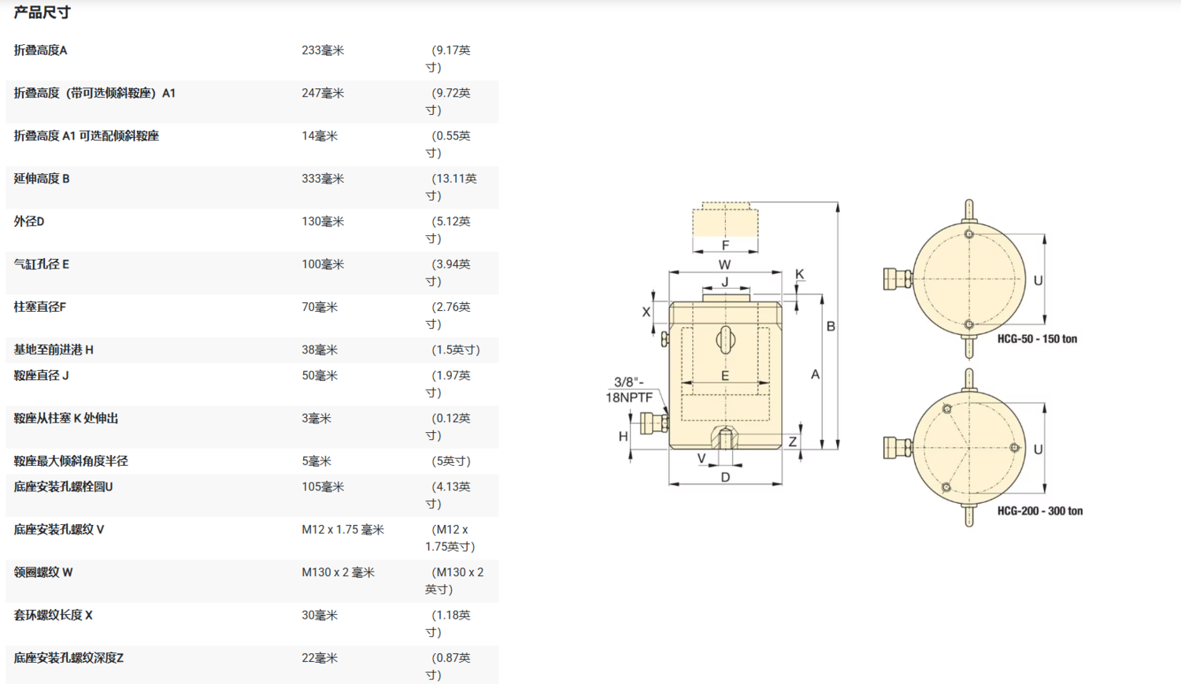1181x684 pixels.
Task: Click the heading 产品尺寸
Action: point(42,13)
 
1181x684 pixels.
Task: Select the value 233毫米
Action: point(323,50)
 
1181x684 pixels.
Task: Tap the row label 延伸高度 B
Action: point(42,179)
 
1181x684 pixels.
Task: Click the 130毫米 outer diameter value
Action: point(323,221)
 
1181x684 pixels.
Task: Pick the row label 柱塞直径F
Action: point(40,307)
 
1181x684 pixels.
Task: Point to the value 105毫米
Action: point(323,486)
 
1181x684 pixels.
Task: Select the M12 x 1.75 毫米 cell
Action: point(342,530)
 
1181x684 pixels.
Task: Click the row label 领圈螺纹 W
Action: point(43,572)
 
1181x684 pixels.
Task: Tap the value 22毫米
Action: point(320,658)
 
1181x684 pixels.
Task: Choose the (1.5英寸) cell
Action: point(455,349)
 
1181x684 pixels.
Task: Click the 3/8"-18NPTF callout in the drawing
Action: point(629,390)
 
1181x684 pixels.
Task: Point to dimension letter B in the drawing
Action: point(830,326)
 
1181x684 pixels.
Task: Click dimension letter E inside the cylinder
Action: point(725,375)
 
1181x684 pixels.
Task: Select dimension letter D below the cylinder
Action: point(725,477)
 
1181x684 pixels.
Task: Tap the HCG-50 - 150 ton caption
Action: point(1037,339)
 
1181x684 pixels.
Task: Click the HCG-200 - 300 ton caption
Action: point(1039,511)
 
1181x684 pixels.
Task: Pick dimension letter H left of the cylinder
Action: point(623,436)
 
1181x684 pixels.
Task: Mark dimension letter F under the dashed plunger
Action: point(725,245)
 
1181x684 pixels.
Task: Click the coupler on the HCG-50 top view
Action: point(897,279)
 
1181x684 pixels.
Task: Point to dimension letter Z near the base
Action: point(793,442)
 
